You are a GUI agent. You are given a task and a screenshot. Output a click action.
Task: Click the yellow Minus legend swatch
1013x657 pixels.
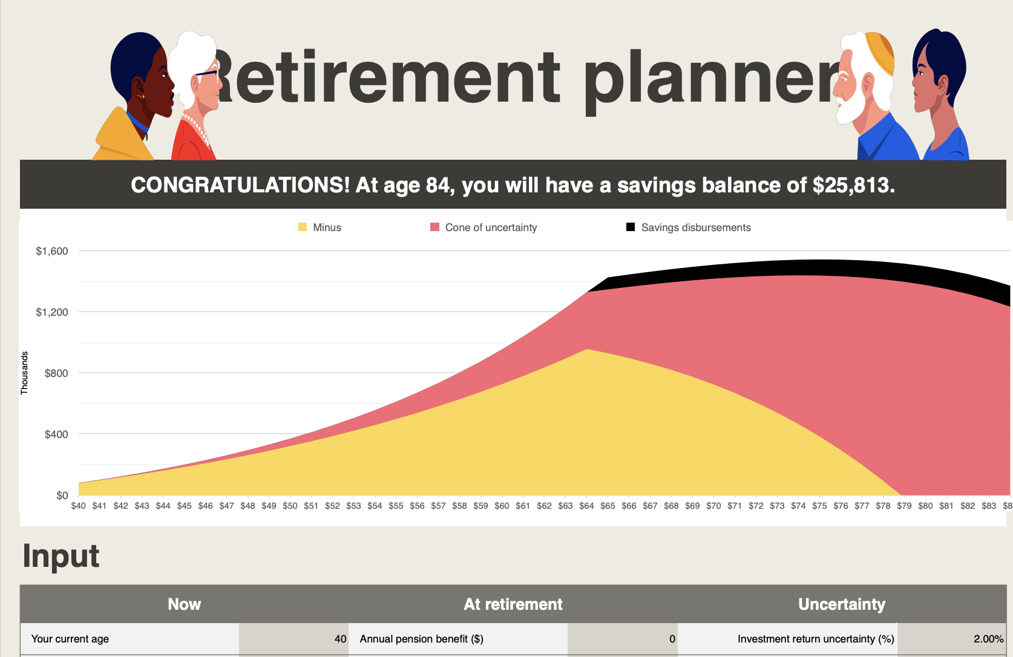pyautogui.click(x=303, y=227)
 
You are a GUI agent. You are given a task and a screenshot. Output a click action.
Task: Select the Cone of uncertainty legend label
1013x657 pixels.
pyautogui.click(x=491, y=227)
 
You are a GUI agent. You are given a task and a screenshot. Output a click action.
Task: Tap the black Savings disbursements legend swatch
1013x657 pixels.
pyautogui.click(x=631, y=227)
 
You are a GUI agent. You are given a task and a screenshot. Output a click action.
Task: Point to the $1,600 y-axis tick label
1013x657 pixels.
pyautogui.click(x=52, y=251)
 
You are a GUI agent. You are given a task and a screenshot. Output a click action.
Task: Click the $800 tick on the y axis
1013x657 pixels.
pyautogui.click(x=56, y=373)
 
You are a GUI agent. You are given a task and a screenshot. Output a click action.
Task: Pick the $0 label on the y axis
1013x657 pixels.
pyautogui.click(x=62, y=495)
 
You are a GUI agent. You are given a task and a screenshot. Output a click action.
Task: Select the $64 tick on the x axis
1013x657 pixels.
pyautogui.click(x=586, y=506)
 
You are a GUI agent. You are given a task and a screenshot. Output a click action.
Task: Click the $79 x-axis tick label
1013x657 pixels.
pyautogui.click(x=904, y=506)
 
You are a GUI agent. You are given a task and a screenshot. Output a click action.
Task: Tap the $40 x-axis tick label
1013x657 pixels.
pyautogui.click(x=78, y=506)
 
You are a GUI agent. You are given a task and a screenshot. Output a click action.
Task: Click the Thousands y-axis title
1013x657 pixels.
pyautogui.click(x=24, y=373)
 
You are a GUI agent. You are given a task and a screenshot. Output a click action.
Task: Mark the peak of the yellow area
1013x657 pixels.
pyautogui.click(x=586, y=349)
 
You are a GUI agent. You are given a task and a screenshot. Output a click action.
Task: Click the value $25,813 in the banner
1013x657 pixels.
pyautogui.click(x=853, y=185)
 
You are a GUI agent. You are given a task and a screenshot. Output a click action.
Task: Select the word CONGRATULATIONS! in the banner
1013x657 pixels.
pyautogui.click(x=240, y=185)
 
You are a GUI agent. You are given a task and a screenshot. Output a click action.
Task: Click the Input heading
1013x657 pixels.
pyautogui.click(x=61, y=556)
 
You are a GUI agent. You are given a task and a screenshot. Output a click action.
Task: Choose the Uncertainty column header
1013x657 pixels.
pyautogui.click(x=842, y=604)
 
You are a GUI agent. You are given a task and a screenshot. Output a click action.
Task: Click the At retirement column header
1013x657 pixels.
pyautogui.click(x=513, y=604)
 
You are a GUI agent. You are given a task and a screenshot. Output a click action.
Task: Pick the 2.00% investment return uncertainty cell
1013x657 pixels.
pyautogui.click(x=989, y=639)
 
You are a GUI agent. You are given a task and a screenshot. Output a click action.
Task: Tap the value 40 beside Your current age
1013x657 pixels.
pyautogui.click(x=340, y=639)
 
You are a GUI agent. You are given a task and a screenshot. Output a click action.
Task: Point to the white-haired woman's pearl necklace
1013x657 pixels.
pyautogui.click(x=196, y=129)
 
